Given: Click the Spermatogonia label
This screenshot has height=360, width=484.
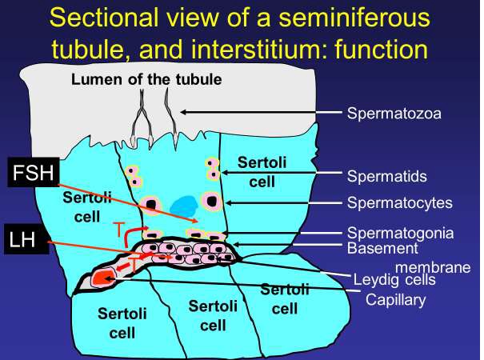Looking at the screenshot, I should pos(401,234).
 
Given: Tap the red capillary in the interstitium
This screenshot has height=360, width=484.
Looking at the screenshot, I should pos(100,278).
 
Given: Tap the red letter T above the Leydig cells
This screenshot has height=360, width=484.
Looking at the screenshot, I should pos(118,231).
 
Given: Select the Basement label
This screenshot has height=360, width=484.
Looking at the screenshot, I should pos(382,248).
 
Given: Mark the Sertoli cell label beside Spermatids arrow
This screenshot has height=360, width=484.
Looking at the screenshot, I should pos(261,173).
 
